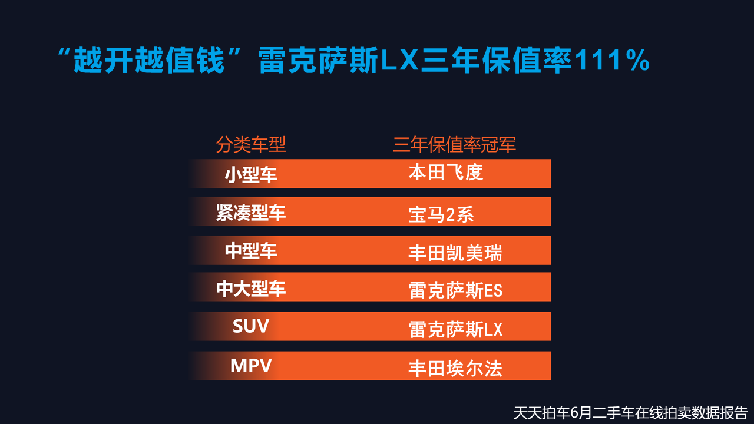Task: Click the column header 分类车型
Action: click(251, 145)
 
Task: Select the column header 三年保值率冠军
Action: click(454, 145)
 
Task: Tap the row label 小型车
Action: click(251, 175)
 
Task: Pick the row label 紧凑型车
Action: click(251, 213)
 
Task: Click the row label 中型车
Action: click(251, 251)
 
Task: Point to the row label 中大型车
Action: click(251, 289)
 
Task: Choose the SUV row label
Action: click(251, 326)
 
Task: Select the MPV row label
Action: click(251, 366)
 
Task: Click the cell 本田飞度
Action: click(446, 173)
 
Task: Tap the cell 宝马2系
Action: click(441, 214)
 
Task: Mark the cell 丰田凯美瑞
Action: click(455, 253)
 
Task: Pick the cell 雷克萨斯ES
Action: click(455, 290)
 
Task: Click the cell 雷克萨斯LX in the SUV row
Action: click(455, 329)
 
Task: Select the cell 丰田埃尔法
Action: click(455, 369)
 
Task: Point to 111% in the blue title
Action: click(613, 60)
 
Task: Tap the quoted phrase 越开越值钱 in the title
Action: click(149, 60)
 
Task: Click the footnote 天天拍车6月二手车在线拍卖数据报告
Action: click(630, 413)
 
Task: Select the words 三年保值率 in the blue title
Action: click(496, 60)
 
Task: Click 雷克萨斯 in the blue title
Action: click(319, 60)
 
